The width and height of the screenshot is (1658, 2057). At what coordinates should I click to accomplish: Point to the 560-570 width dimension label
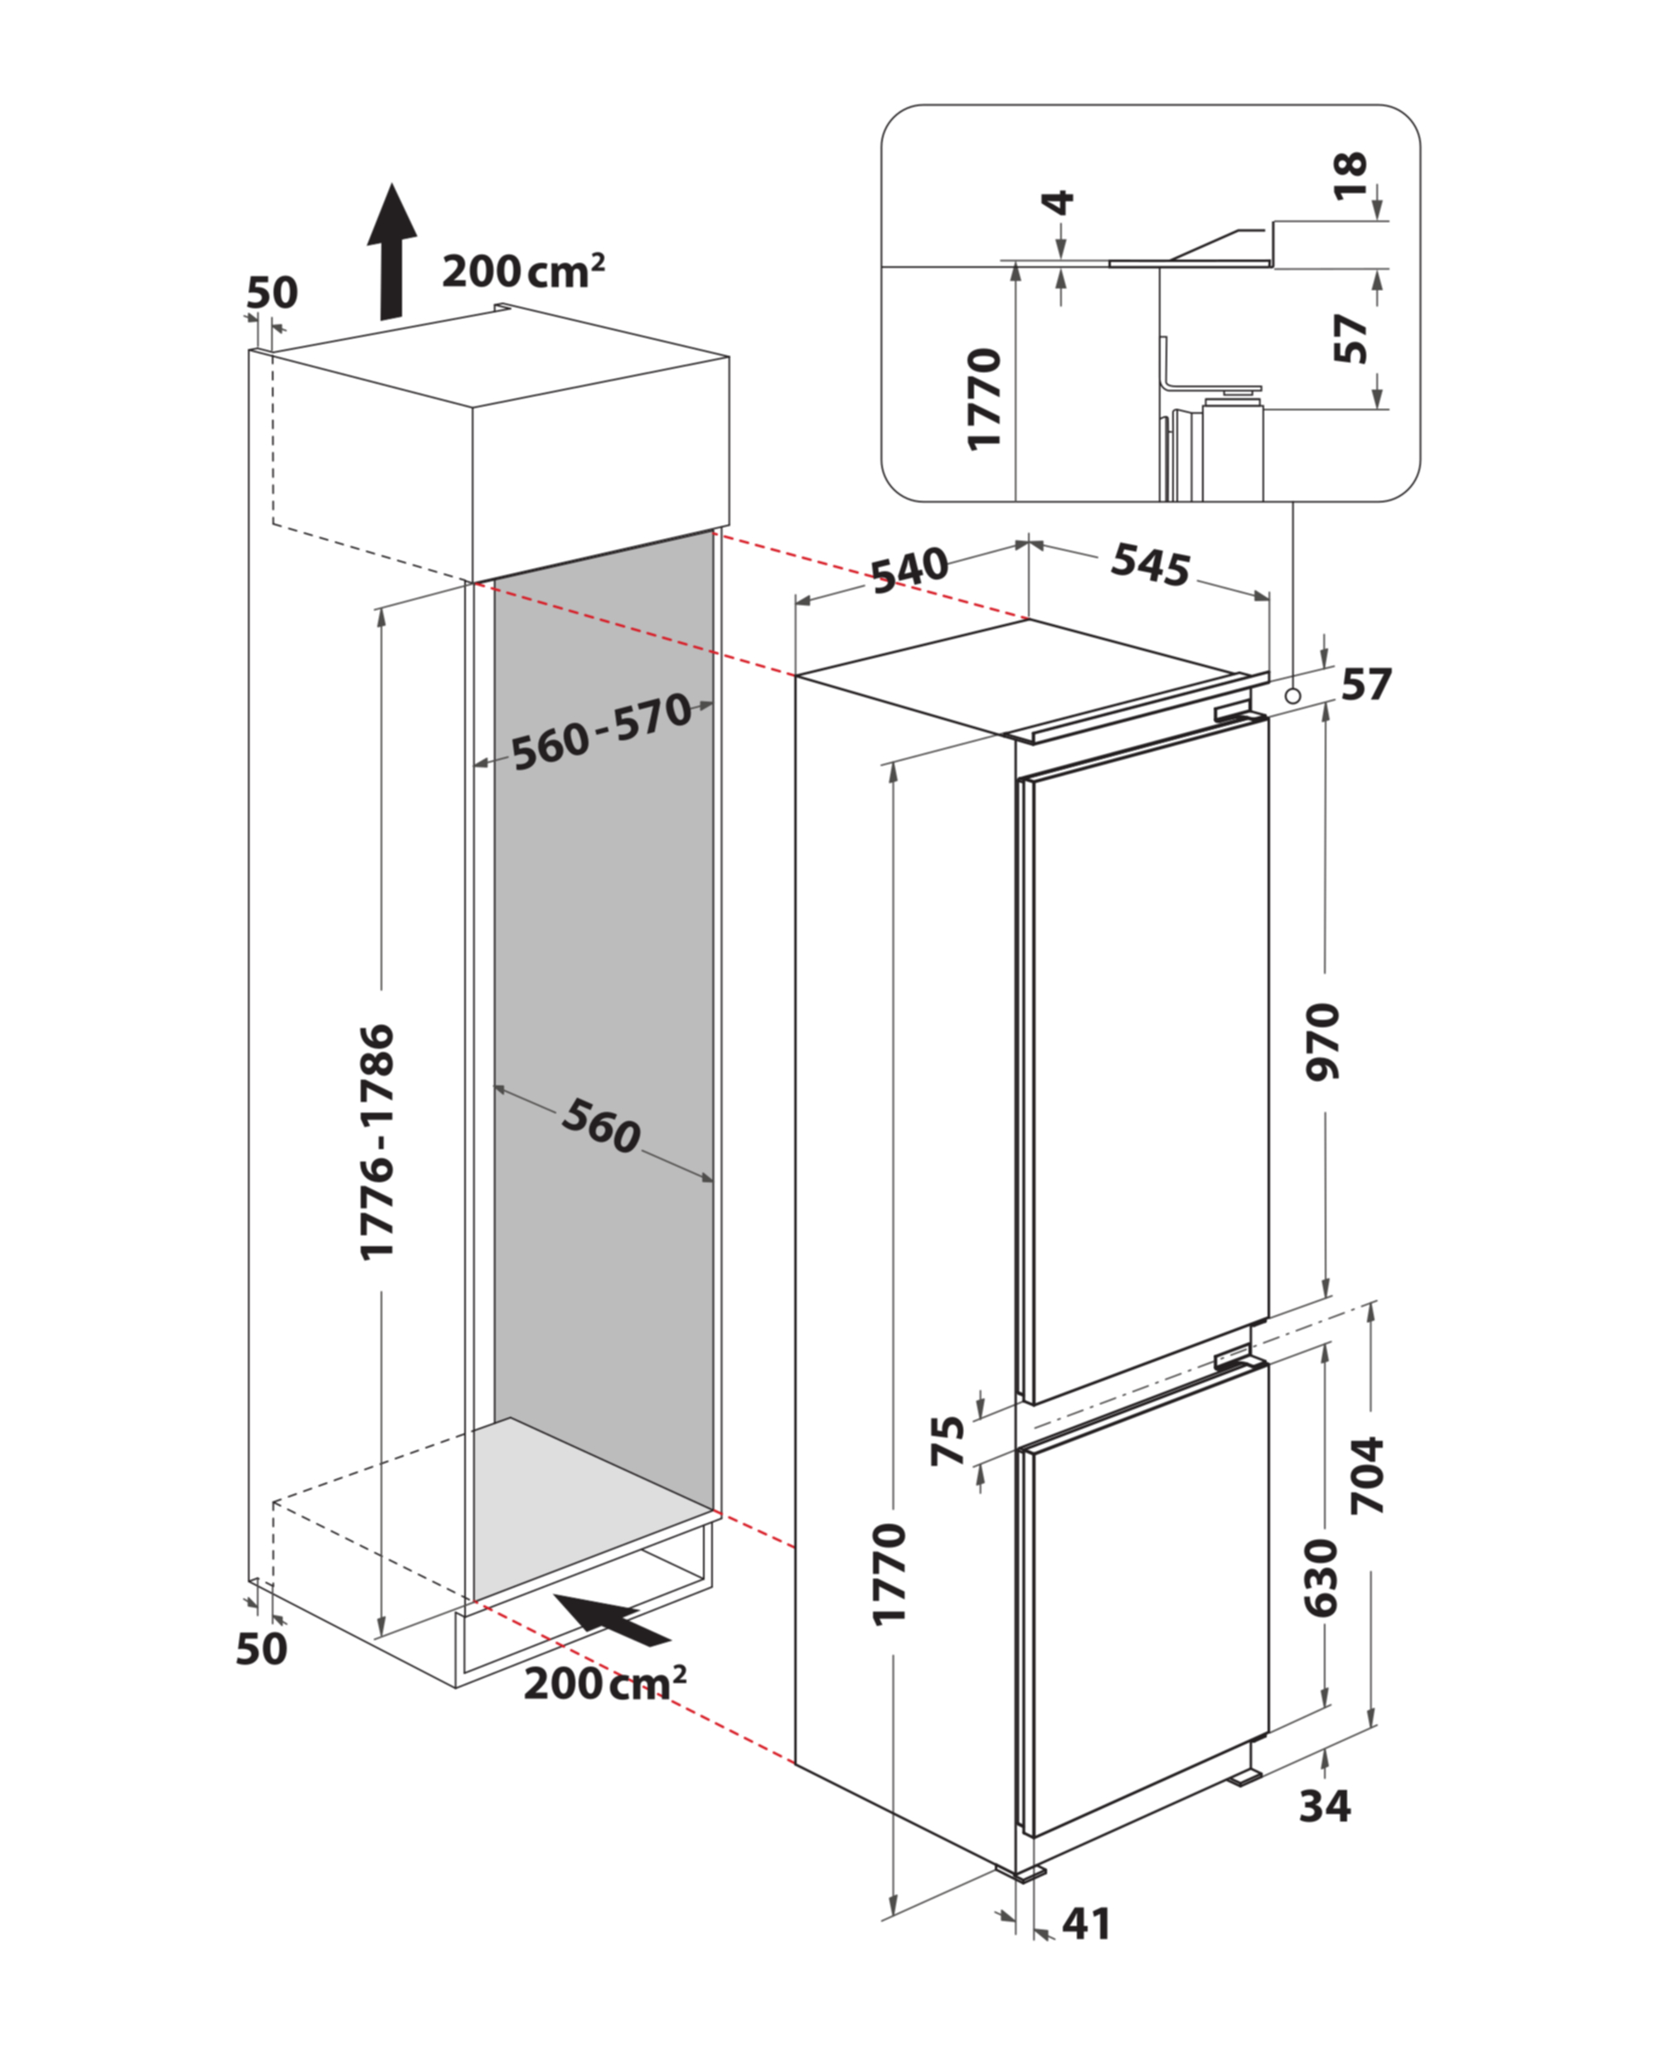601,731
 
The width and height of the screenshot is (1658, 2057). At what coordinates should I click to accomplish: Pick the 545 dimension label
1151,566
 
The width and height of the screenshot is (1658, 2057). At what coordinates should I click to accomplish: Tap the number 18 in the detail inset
1350,176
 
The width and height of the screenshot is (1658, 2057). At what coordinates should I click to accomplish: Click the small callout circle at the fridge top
1293,696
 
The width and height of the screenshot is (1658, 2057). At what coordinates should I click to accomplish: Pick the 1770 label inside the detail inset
984,399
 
